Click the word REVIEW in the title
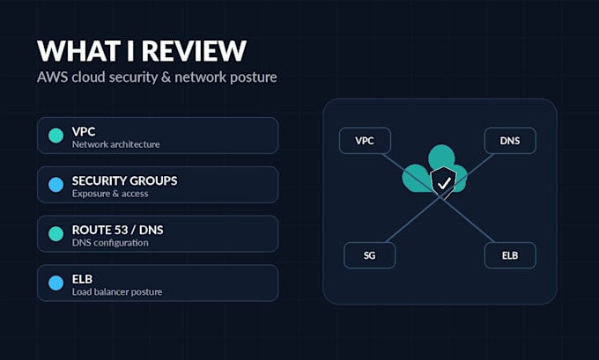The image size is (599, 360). [x=196, y=50]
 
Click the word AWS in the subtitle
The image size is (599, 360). [x=52, y=77]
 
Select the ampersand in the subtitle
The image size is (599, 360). [x=166, y=77]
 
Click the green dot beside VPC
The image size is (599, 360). [x=55, y=136]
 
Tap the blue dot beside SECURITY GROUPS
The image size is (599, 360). [x=55, y=185]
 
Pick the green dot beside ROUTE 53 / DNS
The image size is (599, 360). [x=55, y=234]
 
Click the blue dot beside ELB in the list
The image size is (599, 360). [x=55, y=283]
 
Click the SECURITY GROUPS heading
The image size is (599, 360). [x=124, y=180]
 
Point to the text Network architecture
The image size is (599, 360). [x=115, y=144]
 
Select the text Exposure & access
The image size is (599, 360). [x=110, y=194]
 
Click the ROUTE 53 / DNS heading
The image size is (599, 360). [x=118, y=230]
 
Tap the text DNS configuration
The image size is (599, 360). [x=110, y=243]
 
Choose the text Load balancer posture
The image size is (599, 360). [x=117, y=292]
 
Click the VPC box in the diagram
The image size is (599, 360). [x=365, y=141]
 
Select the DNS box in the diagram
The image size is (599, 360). [x=510, y=141]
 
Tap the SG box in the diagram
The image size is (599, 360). [x=369, y=255]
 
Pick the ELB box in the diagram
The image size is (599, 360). [x=510, y=255]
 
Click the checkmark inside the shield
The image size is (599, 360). [x=444, y=184]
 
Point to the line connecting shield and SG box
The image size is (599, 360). [x=414, y=219]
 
